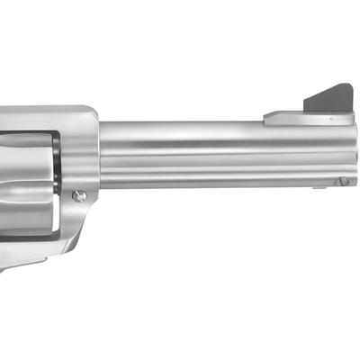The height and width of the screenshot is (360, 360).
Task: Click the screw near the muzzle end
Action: point(343,181)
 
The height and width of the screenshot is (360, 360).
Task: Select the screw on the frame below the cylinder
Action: point(80,194)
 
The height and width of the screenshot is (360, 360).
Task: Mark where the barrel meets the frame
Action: point(99,153)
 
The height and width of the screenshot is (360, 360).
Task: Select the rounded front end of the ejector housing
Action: point(350,178)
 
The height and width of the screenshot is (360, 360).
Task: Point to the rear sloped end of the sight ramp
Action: point(270,115)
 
